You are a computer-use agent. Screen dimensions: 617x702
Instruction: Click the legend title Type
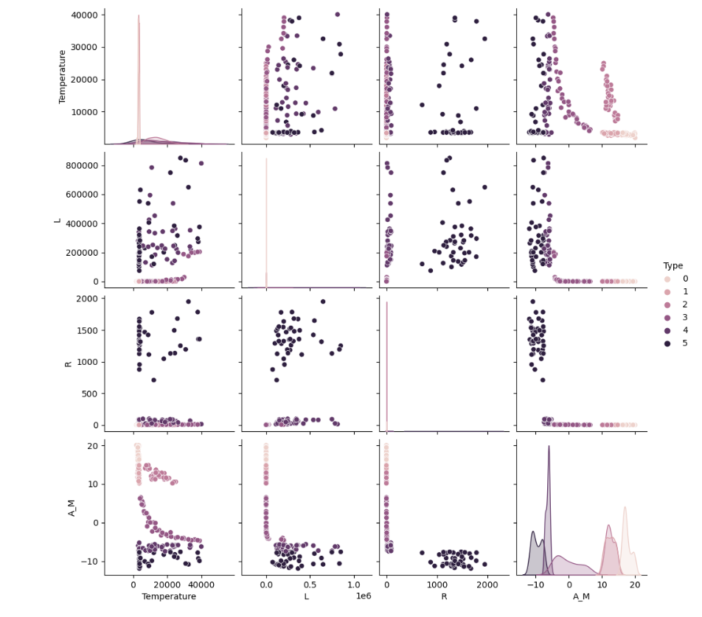coord(672,265)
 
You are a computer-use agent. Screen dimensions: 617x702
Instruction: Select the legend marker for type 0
coord(668,279)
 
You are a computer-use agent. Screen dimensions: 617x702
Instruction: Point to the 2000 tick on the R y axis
coord(88,299)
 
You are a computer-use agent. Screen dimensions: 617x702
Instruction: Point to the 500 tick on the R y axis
coord(91,394)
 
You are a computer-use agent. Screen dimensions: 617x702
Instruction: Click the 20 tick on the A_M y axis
coord(94,446)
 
